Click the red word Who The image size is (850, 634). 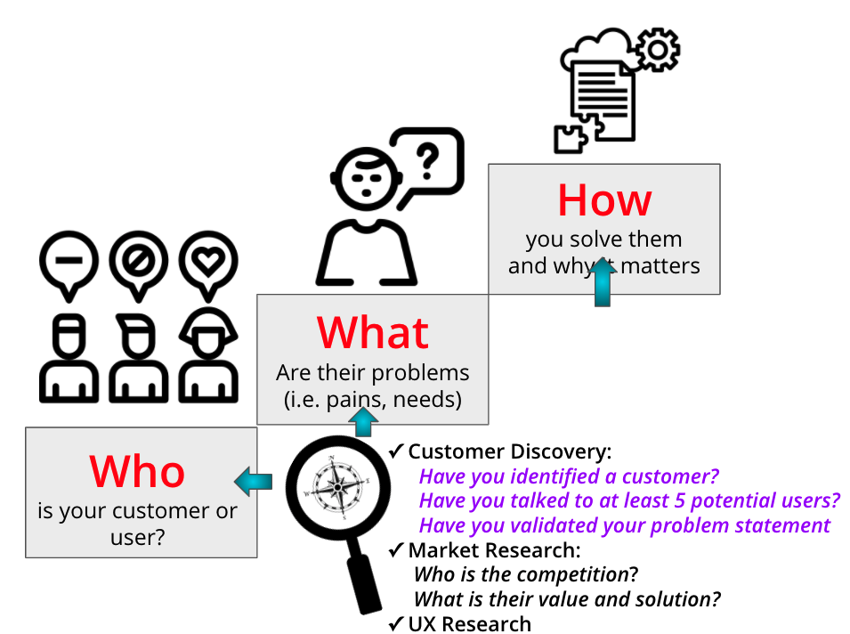tap(137, 471)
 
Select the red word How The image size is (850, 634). tap(604, 200)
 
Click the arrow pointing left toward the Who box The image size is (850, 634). tap(253, 482)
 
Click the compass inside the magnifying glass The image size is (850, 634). tap(337, 486)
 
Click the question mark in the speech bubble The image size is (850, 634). tap(429, 162)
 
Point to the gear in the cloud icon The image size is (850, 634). tap(657, 51)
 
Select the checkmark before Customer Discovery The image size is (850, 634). tap(397, 451)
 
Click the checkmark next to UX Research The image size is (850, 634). tap(397, 624)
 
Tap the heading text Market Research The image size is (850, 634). tap(494, 550)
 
